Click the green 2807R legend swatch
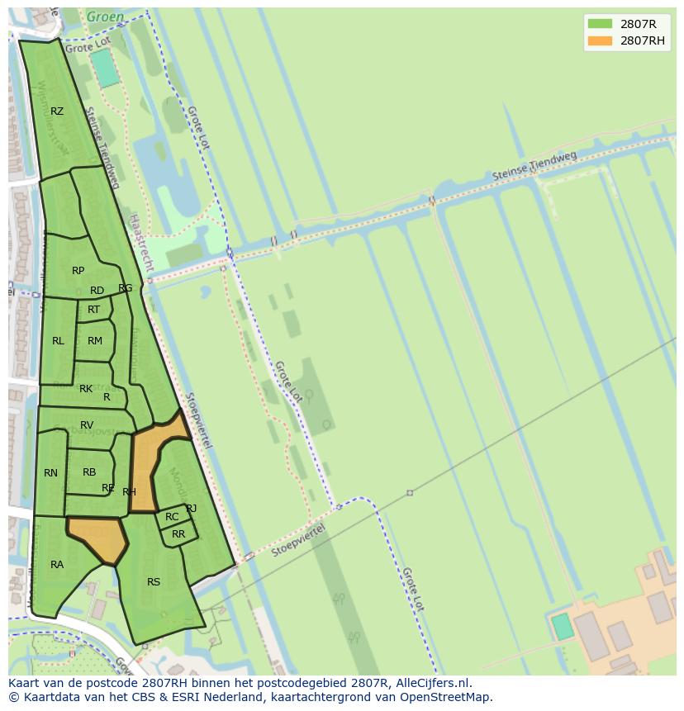click(x=600, y=24)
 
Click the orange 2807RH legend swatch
click(x=600, y=40)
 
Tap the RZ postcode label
click(x=57, y=111)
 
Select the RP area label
click(x=78, y=271)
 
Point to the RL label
click(x=58, y=341)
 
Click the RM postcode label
click(x=95, y=341)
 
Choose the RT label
click(x=93, y=310)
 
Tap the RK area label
click(x=86, y=389)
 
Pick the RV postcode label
click(x=87, y=425)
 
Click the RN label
click(x=50, y=473)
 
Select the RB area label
click(x=89, y=472)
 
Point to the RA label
click(x=57, y=565)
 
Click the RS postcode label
click(x=154, y=582)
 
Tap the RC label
click(x=172, y=517)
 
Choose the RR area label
click(x=178, y=534)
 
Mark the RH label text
click(x=129, y=492)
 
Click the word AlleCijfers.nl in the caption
click(x=430, y=683)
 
